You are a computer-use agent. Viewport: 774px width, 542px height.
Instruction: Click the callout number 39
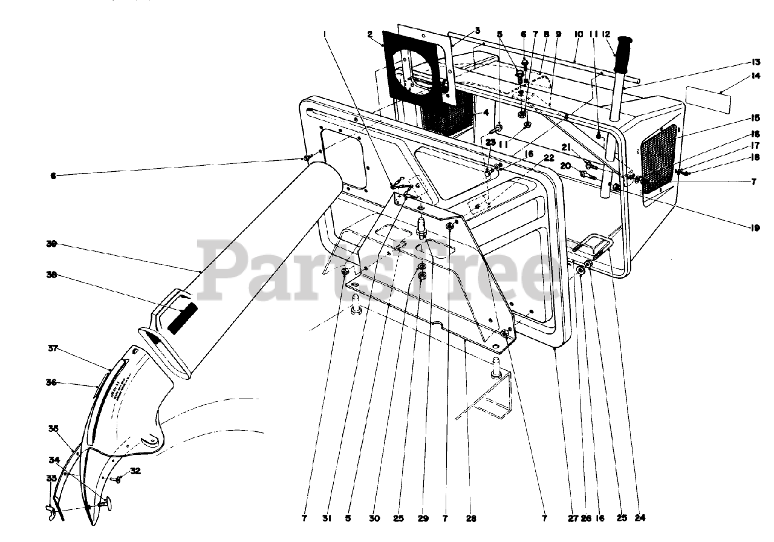click(51, 244)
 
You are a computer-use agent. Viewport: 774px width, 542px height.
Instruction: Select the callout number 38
click(51, 275)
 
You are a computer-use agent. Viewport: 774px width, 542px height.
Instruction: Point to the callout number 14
click(755, 76)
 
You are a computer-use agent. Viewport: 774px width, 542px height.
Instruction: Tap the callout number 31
click(328, 518)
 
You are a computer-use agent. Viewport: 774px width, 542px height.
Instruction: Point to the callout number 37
click(53, 348)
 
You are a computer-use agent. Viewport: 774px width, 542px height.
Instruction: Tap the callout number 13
click(755, 62)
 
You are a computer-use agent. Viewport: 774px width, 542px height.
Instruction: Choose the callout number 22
click(549, 158)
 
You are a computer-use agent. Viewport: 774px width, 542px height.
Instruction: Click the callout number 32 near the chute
click(135, 471)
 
